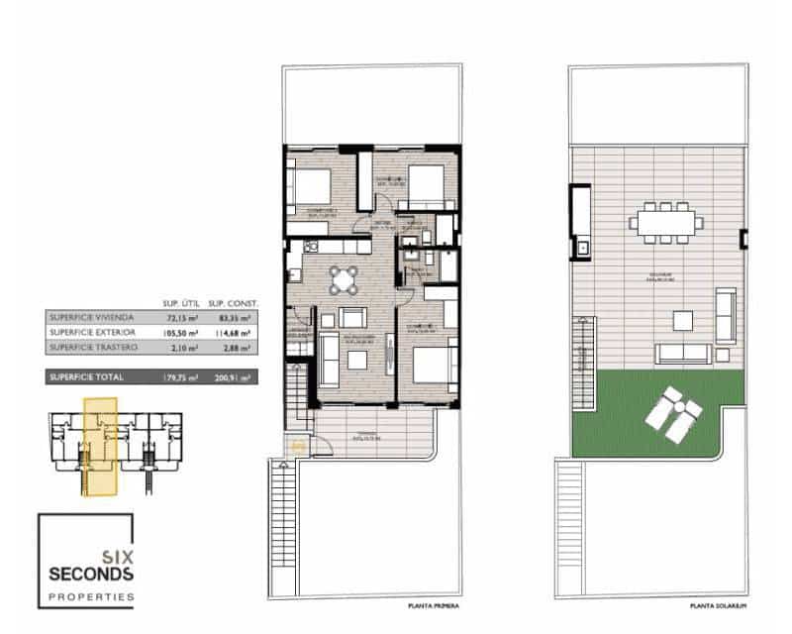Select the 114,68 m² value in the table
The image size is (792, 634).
[x=232, y=334]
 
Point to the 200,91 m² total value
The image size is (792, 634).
[x=232, y=377]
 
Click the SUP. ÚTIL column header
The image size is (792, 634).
[x=182, y=303]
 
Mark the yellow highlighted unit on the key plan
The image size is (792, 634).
[x=100, y=444]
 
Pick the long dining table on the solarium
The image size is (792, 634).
[x=665, y=222]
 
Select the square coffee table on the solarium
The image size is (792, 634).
[x=683, y=320]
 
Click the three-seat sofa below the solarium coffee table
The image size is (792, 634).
[x=683, y=353]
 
